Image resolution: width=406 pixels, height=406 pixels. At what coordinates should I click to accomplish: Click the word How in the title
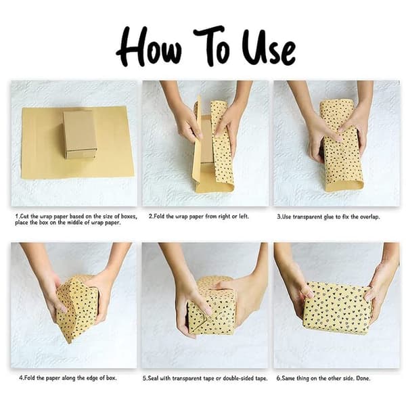(149, 47)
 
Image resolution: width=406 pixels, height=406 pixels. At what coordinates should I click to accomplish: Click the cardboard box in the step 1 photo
(80, 134)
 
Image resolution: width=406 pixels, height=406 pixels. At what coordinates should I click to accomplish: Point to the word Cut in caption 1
(24, 217)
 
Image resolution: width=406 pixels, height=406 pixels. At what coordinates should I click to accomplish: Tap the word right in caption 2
(225, 217)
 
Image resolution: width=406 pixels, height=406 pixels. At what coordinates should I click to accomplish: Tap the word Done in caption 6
(363, 378)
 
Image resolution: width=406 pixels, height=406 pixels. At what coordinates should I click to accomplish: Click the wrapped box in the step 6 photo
(337, 309)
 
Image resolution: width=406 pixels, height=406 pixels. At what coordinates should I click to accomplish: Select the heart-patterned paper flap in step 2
(222, 145)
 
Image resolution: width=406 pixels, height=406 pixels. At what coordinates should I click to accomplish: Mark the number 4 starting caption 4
(21, 378)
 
